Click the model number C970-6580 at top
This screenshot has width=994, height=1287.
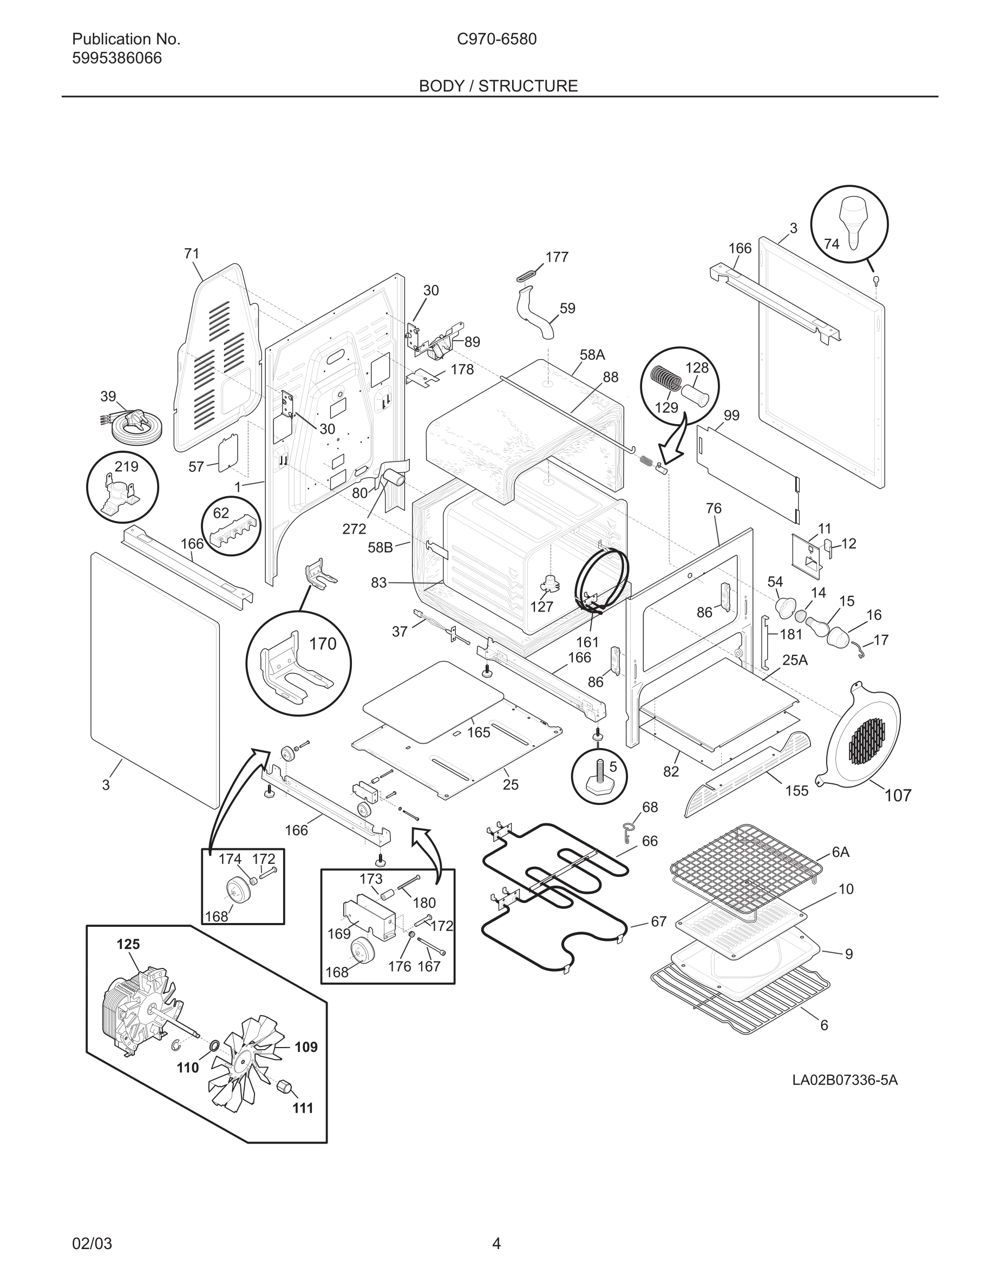496,40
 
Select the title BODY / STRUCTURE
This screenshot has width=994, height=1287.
498,86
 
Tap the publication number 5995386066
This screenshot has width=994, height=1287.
116,58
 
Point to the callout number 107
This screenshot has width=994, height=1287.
898,796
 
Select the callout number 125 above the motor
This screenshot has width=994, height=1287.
128,944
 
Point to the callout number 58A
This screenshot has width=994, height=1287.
592,355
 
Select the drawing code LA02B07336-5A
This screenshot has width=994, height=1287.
845,1080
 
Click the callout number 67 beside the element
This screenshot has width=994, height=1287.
658,921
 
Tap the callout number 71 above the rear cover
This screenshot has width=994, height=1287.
191,253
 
